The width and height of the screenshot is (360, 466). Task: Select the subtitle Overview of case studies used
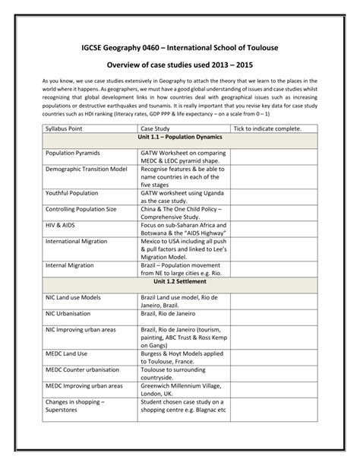(x=179, y=66)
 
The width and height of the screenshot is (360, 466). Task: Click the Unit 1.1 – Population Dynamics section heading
(x=180, y=138)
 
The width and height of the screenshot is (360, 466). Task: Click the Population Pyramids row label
(x=73, y=153)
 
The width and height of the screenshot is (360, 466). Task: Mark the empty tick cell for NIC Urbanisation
(x=273, y=313)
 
